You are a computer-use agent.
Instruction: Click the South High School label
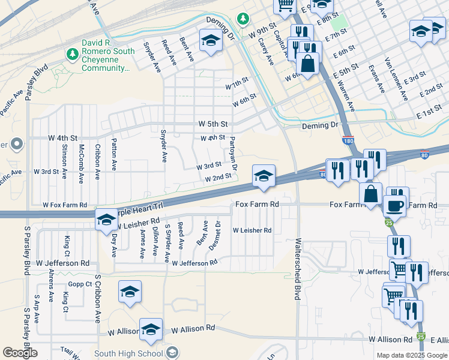coord(128,353)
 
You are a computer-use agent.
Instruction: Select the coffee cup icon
coord(394,206)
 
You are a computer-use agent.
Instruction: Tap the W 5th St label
coord(214,124)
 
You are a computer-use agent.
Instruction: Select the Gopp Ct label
coord(79,284)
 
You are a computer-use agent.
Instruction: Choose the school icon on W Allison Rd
coord(151,329)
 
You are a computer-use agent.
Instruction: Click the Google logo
coord(20,353)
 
